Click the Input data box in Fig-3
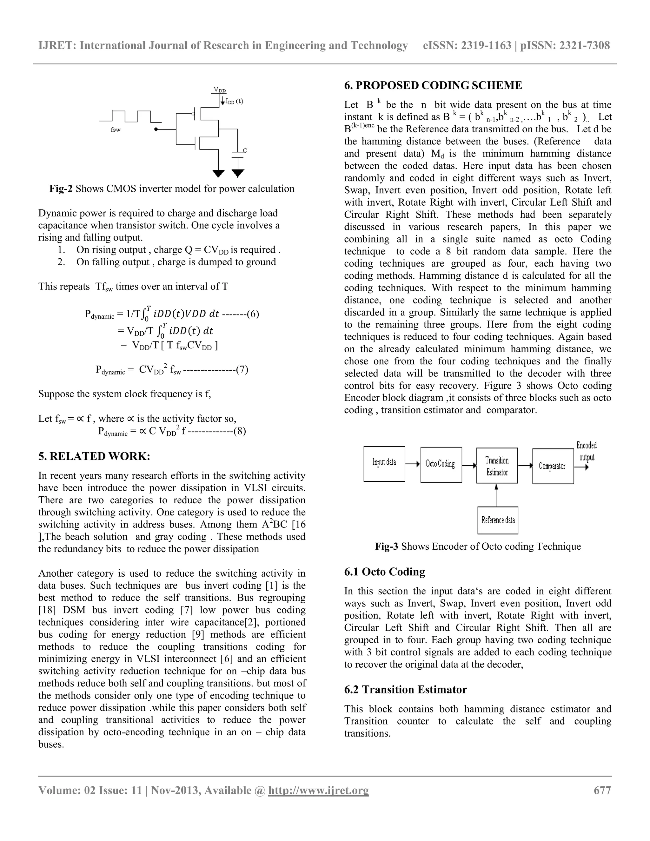click(384, 464)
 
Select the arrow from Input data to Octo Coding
click(412, 464)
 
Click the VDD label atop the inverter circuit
click(220, 90)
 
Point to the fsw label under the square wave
click(116, 130)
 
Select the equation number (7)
click(242, 370)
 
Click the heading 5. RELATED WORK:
click(94, 456)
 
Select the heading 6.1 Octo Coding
click(384, 572)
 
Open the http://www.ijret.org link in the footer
click(318, 790)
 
